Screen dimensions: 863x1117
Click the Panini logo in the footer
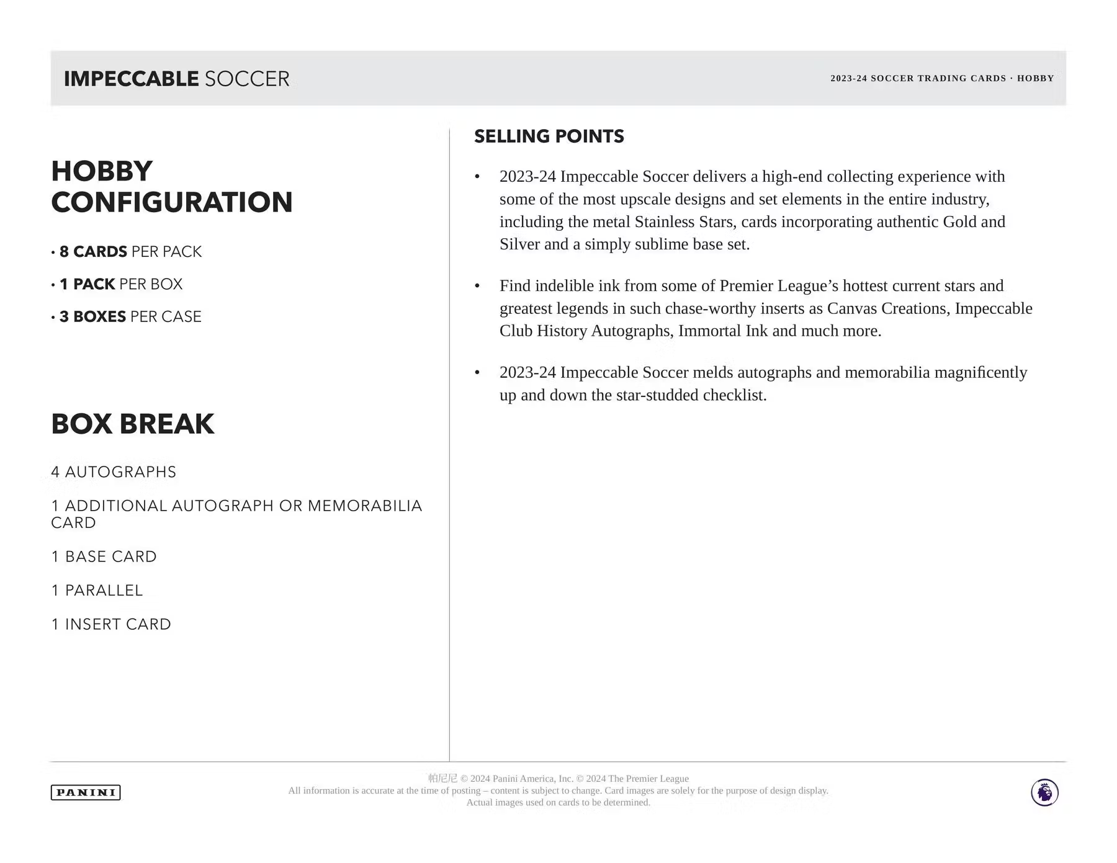tap(86, 792)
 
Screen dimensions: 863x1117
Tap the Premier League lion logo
tap(1044, 792)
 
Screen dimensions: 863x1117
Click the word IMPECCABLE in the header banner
tap(131, 79)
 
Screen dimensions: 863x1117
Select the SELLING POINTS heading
tap(549, 136)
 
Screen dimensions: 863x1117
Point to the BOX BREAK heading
tap(132, 424)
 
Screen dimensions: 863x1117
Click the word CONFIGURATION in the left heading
tap(172, 202)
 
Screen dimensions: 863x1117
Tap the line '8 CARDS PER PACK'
tap(130, 252)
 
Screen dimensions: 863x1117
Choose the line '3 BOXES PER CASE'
tap(130, 317)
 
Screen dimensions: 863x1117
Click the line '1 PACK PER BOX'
tap(121, 284)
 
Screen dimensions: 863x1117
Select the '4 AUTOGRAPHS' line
tap(114, 472)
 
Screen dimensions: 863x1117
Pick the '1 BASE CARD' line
tap(104, 557)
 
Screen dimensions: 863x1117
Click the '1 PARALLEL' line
tap(97, 591)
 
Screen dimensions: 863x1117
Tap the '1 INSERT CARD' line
tap(111, 624)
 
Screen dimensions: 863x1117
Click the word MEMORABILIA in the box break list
tap(365, 506)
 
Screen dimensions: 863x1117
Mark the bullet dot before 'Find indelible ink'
tap(477, 286)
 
